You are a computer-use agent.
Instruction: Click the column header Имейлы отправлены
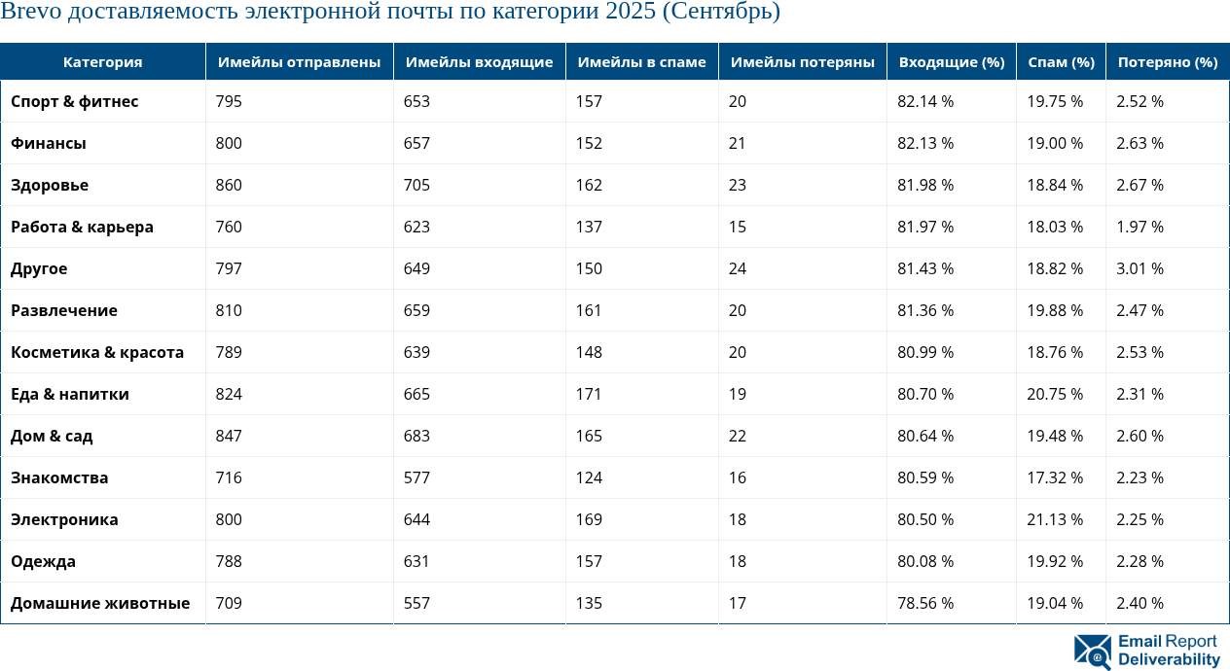pyautogui.click(x=299, y=62)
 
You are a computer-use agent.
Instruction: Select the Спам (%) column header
pyautogui.click(x=1061, y=62)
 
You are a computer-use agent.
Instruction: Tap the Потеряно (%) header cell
pyautogui.click(x=1167, y=62)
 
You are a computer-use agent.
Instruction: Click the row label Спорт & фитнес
pyautogui.click(x=75, y=101)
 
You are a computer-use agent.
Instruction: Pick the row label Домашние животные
pyautogui.click(x=100, y=603)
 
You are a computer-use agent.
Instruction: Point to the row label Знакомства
pyautogui.click(x=59, y=477)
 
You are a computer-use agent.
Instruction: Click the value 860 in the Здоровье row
pyautogui.click(x=229, y=185)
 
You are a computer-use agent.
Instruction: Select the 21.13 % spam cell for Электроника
pyautogui.click(x=1055, y=519)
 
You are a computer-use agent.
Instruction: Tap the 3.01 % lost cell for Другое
pyautogui.click(x=1140, y=268)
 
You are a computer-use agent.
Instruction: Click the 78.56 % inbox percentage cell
pyautogui.click(x=924, y=603)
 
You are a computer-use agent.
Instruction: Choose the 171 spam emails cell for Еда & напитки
pyautogui.click(x=589, y=394)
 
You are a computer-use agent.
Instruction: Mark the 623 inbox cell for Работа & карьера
pyautogui.click(x=417, y=227)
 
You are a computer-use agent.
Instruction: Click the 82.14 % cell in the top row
pyautogui.click(x=924, y=101)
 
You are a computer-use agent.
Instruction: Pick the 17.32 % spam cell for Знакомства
pyautogui.click(x=1055, y=477)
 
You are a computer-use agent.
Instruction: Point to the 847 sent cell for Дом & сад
pyautogui.click(x=229, y=436)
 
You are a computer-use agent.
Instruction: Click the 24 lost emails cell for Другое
pyautogui.click(x=737, y=268)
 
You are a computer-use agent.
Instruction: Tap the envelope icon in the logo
pyautogui.click(x=1093, y=651)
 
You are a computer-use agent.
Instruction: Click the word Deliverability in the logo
pyautogui.click(x=1169, y=659)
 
